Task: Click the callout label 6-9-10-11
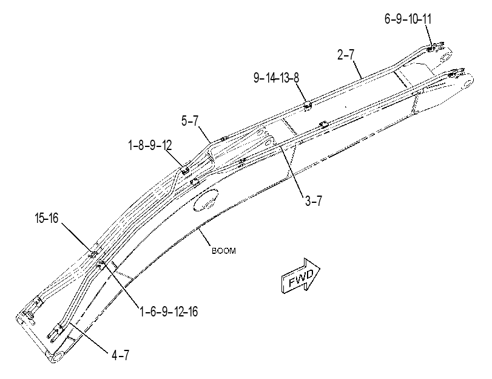[408, 19]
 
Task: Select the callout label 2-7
[346, 55]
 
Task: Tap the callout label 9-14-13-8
[277, 78]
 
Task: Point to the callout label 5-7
[190, 121]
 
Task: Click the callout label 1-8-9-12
[150, 146]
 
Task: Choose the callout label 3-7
[314, 200]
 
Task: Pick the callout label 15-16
[47, 218]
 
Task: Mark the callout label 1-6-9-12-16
[169, 312]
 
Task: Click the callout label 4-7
[120, 355]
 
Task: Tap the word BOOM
[224, 251]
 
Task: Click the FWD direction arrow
[300, 276]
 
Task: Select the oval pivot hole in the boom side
[206, 200]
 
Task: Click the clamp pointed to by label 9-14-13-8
[308, 105]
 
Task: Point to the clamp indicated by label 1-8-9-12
[185, 170]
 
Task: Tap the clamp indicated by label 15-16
[93, 254]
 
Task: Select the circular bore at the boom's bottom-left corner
[59, 357]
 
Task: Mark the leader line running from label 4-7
[89, 337]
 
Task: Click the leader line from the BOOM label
[204, 236]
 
